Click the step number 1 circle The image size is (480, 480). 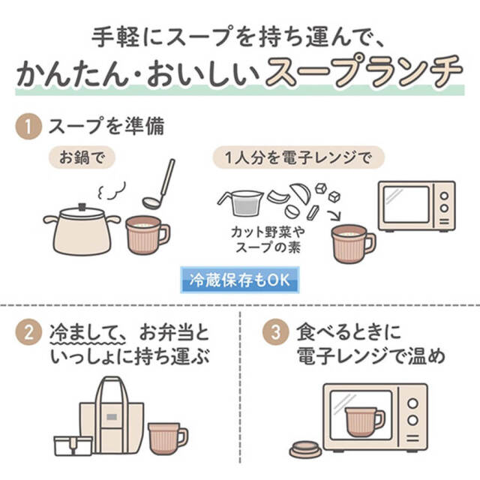(x=28, y=127)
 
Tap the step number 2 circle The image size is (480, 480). (x=28, y=332)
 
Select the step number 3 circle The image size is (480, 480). (x=275, y=332)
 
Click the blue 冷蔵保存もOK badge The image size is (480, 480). (x=240, y=280)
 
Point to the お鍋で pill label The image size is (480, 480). (x=82, y=157)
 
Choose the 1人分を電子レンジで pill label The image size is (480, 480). (x=298, y=157)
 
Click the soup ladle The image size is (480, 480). (x=159, y=184)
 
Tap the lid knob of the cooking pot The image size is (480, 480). (x=82, y=207)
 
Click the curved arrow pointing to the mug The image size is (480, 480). (x=334, y=214)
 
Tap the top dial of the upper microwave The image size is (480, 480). (x=445, y=196)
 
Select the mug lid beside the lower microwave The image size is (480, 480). (x=306, y=449)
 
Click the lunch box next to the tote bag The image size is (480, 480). (x=73, y=445)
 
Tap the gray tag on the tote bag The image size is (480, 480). (x=112, y=417)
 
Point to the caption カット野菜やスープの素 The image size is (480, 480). (x=268, y=240)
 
